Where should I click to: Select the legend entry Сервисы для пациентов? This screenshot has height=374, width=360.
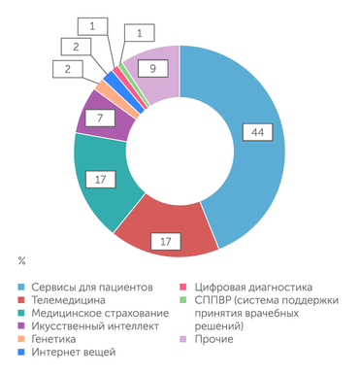92,289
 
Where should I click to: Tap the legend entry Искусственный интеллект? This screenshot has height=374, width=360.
98,326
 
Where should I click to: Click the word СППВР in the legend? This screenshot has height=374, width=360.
214,301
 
